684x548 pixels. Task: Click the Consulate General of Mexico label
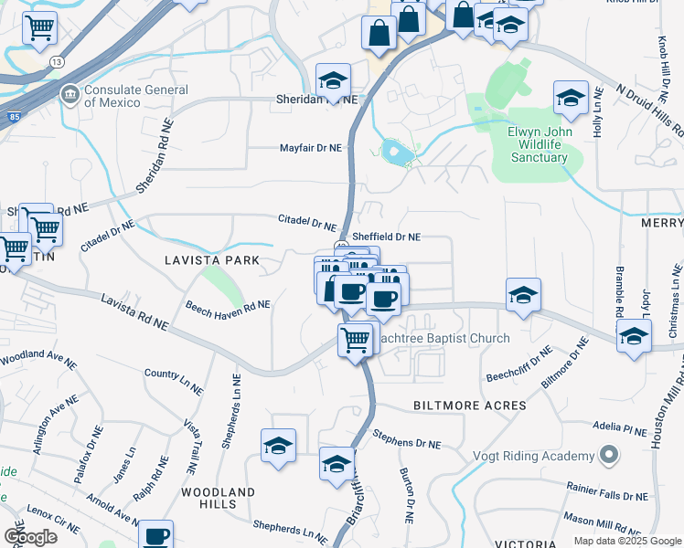click(136, 97)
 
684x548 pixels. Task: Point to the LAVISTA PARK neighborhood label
click(212, 261)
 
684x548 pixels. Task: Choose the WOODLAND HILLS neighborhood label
click(218, 498)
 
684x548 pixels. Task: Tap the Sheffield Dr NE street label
click(386, 237)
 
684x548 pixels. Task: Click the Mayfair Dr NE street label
click(310, 148)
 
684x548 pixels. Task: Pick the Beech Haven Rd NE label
click(228, 311)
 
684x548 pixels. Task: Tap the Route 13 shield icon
click(57, 61)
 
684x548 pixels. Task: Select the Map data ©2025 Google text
click(625, 541)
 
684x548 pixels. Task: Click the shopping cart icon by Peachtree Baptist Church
click(355, 341)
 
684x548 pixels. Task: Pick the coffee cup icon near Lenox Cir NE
click(155, 535)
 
